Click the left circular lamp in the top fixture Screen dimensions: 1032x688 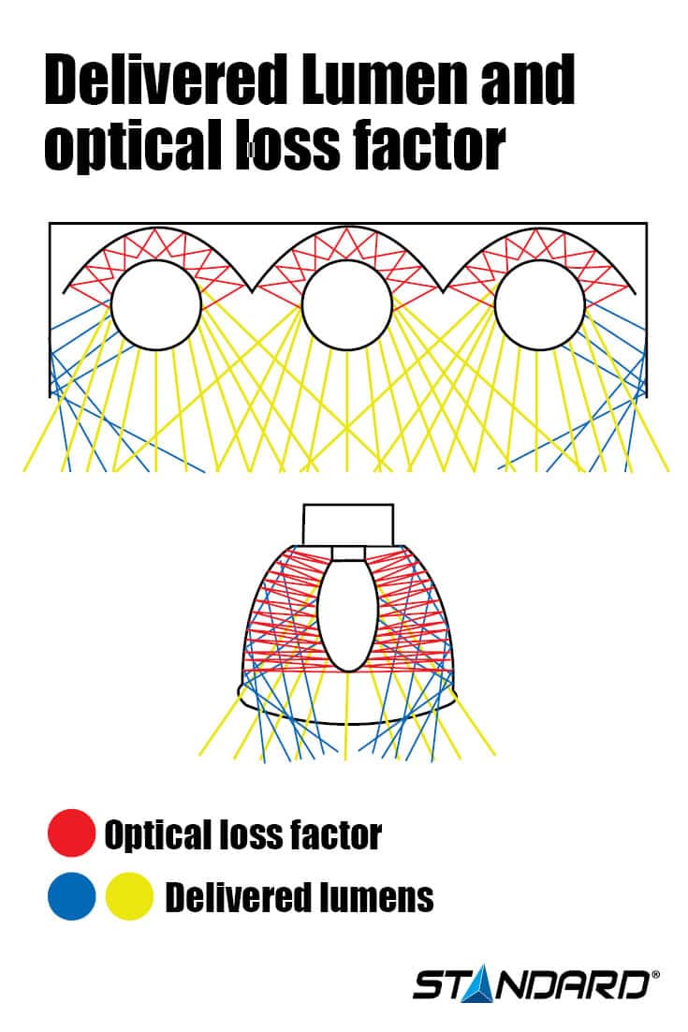click(156, 305)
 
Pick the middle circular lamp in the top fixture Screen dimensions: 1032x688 click(347, 305)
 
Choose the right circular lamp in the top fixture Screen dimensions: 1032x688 click(539, 305)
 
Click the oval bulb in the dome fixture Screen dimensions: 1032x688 click(348, 613)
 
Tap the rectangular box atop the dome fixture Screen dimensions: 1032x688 click(347, 523)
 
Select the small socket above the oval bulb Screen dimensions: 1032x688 click(347, 553)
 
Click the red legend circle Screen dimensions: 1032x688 click(72, 833)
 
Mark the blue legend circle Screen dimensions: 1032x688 click(72, 896)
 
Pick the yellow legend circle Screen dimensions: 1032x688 click(129, 896)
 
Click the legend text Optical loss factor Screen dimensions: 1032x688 click(242, 833)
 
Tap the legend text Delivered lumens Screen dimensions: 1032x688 click(300, 897)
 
